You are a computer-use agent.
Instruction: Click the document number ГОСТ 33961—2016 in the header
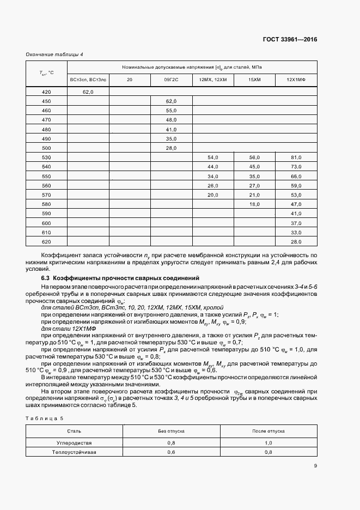290,40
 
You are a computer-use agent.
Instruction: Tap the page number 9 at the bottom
315,465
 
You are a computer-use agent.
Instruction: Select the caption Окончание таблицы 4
54,54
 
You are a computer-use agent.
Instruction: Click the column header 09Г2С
172,80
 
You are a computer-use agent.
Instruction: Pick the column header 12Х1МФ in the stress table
296,80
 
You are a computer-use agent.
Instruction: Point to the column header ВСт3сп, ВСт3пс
88,80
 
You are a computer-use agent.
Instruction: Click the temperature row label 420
46,92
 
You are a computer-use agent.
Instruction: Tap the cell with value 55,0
172,111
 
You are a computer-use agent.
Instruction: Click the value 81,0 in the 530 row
296,157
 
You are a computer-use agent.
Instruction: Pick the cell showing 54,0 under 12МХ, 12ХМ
213,157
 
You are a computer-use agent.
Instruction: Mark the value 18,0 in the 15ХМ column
254,204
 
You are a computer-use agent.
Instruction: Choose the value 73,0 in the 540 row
296,166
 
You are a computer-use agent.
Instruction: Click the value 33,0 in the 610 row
296,232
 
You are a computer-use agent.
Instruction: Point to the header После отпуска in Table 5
268,430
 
